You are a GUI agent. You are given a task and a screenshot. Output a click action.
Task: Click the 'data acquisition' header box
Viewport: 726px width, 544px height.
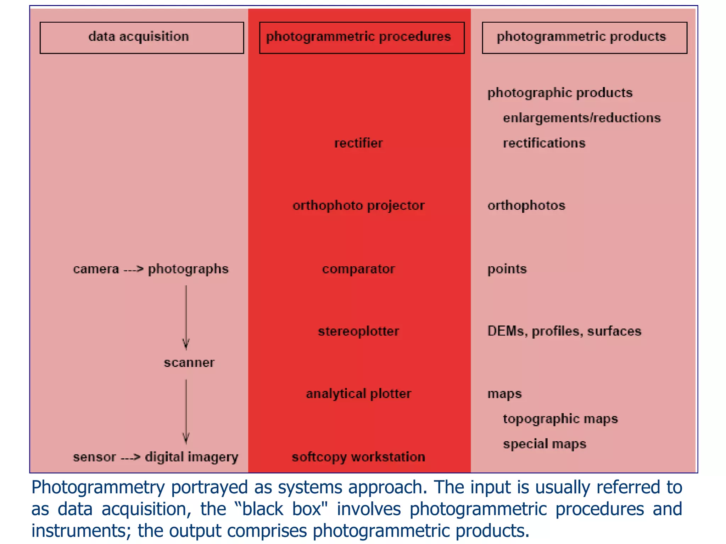pyautogui.click(x=142, y=38)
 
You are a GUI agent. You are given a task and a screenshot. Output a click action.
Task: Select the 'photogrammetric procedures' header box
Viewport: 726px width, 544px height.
pyautogui.click(x=362, y=38)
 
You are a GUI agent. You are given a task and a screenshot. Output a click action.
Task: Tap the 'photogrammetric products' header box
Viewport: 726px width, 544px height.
pyautogui.click(x=584, y=38)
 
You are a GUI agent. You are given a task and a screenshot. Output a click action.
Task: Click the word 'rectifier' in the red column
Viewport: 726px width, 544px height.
pyautogui.click(x=358, y=143)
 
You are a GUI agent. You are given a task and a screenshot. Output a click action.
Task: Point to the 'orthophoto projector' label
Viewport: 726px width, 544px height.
pyautogui.click(x=358, y=206)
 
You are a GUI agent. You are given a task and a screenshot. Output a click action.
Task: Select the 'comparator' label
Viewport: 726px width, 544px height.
pyautogui.click(x=358, y=269)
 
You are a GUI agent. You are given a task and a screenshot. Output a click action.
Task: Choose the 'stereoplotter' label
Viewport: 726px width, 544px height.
pyautogui.click(x=358, y=331)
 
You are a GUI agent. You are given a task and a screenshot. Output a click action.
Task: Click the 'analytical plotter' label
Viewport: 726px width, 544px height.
pyautogui.click(x=358, y=394)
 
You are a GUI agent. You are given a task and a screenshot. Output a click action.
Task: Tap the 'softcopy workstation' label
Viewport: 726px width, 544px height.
pyautogui.click(x=358, y=457)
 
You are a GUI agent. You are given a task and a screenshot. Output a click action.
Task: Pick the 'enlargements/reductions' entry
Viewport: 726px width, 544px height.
pyautogui.click(x=582, y=118)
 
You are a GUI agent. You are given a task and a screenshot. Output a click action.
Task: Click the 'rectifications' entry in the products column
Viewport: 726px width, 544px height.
pyautogui.click(x=544, y=143)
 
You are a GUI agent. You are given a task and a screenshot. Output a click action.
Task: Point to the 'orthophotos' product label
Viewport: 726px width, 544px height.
pyautogui.click(x=526, y=206)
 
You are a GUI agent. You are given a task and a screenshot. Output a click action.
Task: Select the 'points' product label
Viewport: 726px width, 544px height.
pyautogui.click(x=507, y=269)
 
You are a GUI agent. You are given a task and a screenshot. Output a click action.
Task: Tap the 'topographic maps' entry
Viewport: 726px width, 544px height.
pyautogui.click(x=560, y=419)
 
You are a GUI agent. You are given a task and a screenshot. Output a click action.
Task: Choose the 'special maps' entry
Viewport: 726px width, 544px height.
pyautogui.click(x=544, y=444)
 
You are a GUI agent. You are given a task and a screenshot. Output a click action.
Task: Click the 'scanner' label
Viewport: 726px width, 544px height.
pyautogui.click(x=189, y=363)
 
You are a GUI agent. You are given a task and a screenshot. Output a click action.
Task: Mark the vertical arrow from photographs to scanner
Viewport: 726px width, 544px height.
pyautogui.click(x=186, y=317)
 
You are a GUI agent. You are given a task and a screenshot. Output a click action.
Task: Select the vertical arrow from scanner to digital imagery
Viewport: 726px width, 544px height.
pyautogui.click(x=186, y=411)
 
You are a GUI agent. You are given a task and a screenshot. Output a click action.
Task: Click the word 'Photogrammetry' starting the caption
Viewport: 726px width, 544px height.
pyautogui.click(x=98, y=487)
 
